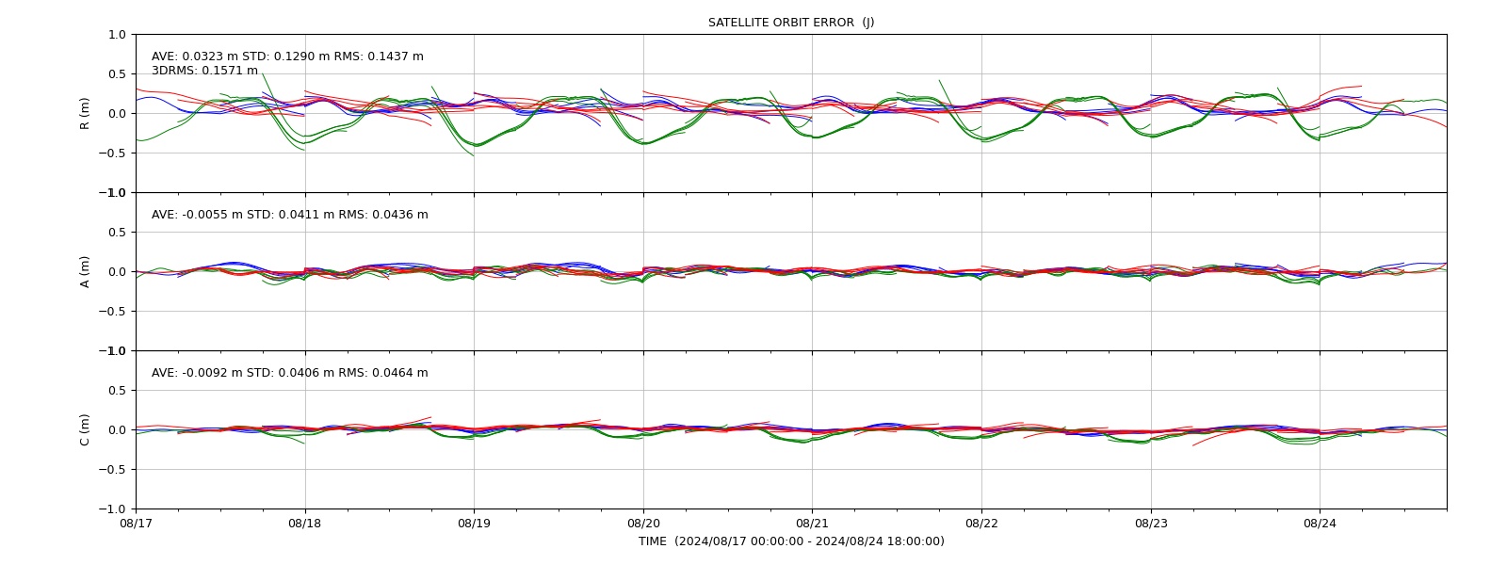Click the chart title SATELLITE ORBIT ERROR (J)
[791, 23]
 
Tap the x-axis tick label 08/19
[475, 524]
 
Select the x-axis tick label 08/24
[1320, 524]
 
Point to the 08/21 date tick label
[812, 524]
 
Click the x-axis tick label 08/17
[136, 524]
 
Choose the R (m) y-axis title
[85, 114]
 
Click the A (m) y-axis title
[85, 272]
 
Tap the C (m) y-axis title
[85, 429]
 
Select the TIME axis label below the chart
[791, 541]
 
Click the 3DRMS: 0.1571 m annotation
[204, 71]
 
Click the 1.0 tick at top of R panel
[117, 35]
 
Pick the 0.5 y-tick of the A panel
[117, 232]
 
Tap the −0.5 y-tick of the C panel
[112, 470]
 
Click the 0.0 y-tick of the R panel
[117, 114]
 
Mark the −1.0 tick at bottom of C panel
[112, 509]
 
